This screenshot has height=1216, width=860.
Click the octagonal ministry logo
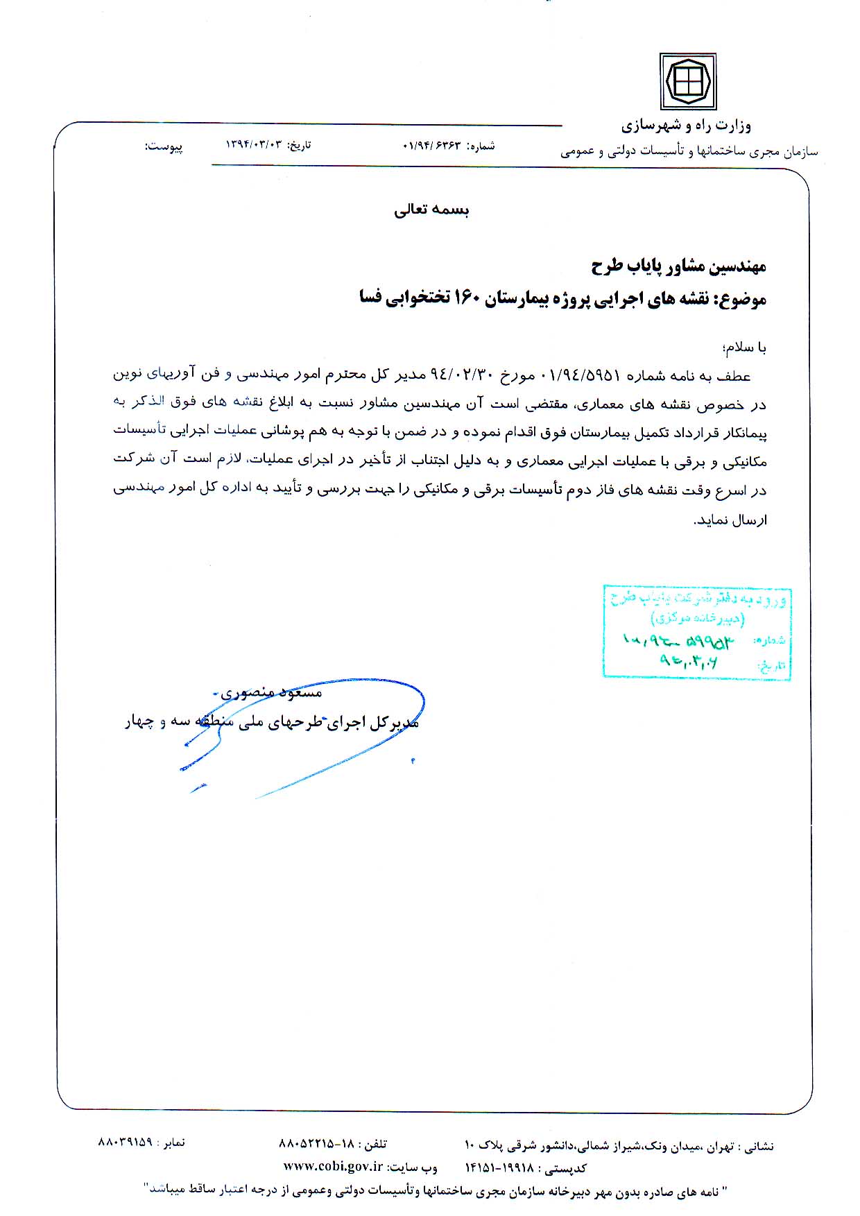pyautogui.click(x=687, y=82)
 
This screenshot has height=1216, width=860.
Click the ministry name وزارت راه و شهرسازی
pyautogui.click(x=686, y=126)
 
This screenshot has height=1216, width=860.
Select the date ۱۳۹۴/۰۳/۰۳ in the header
pyautogui.click(x=255, y=145)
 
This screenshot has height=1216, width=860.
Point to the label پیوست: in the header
pyautogui.click(x=164, y=146)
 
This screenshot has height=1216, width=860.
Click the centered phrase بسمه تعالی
pyautogui.click(x=431, y=211)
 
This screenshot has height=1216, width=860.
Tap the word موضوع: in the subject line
pyautogui.click(x=743, y=300)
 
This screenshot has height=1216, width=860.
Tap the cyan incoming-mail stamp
pyautogui.click(x=696, y=631)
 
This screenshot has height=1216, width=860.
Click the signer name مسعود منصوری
pyautogui.click(x=271, y=692)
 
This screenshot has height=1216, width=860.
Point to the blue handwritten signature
pyautogui.click(x=305, y=735)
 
